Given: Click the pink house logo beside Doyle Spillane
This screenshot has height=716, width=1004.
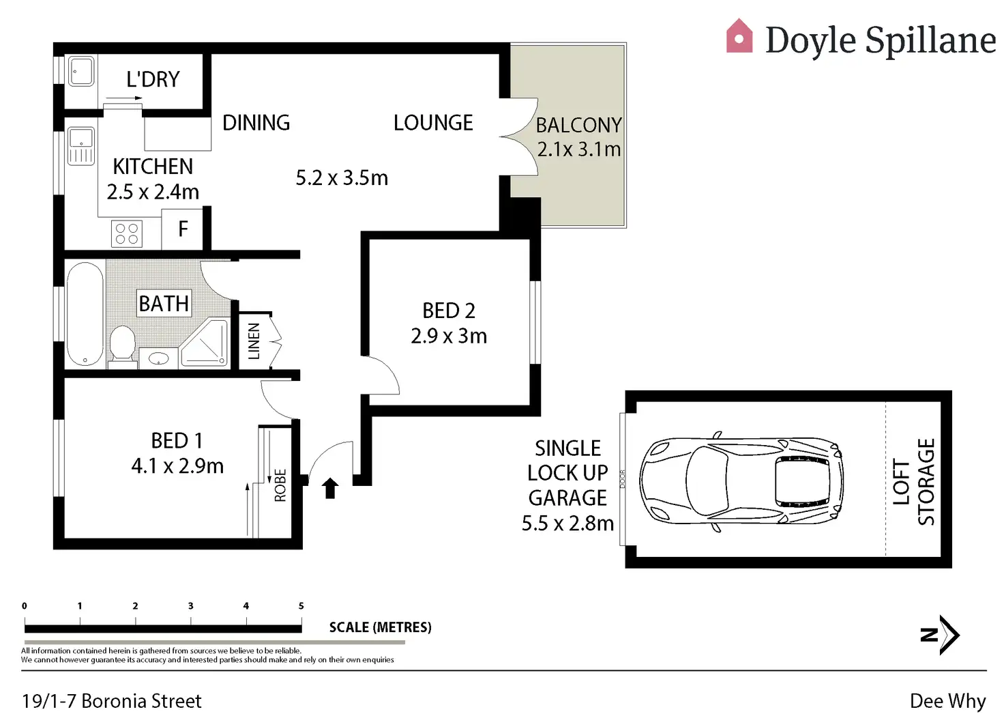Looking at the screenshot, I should (x=739, y=36).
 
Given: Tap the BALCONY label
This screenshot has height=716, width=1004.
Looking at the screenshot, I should (x=578, y=126).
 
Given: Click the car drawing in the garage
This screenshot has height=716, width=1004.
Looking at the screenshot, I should (x=741, y=481).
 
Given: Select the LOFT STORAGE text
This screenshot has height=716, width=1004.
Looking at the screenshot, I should (x=913, y=482).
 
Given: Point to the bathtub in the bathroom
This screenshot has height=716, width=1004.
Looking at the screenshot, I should (x=85, y=313).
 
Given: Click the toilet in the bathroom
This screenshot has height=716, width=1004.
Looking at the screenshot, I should (x=123, y=343).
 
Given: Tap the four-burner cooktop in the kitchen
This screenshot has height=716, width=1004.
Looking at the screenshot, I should (x=127, y=233).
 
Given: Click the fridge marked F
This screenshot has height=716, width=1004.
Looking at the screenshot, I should (x=183, y=229).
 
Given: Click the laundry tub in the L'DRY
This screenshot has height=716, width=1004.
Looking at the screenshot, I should (x=81, y=72).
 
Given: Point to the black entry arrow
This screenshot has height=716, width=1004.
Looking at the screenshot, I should (x=330, y=487).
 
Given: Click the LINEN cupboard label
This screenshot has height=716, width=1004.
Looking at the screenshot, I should (x=254, y=341).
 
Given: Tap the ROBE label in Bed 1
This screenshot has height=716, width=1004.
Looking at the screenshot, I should (x=280, y=485).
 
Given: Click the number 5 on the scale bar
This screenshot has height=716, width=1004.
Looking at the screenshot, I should (x=301, y=606).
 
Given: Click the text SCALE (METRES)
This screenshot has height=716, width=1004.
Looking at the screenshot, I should (x=380, y=627).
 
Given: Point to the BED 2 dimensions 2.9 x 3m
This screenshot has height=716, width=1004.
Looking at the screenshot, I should (x=449, y=336).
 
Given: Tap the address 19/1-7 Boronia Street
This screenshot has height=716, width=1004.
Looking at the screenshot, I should (x=112, y=701).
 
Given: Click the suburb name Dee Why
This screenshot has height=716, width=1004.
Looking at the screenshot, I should (x=947, y=701).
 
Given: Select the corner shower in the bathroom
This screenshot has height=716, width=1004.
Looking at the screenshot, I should (x=205, y=343).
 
